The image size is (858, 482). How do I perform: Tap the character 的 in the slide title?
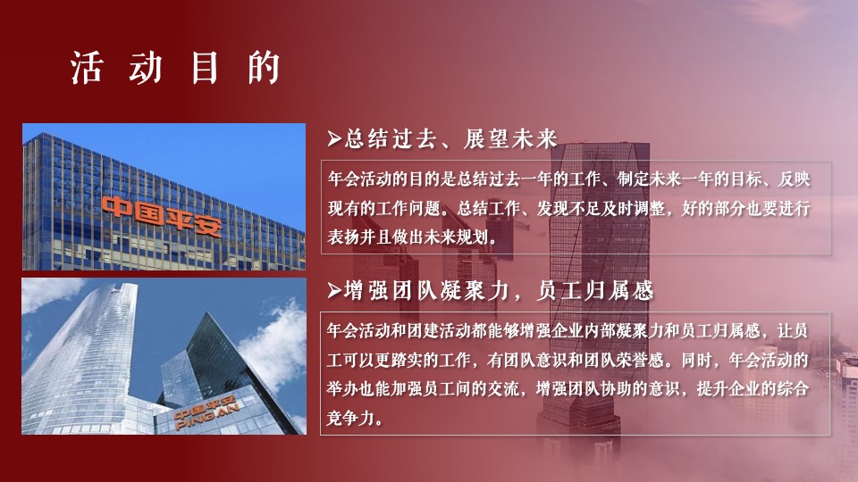coord(265,70)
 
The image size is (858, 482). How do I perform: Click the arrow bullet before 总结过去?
coord(333,138)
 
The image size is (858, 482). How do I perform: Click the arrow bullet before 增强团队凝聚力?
coord(333,291)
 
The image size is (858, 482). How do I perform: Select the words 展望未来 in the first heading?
coord(511,138)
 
